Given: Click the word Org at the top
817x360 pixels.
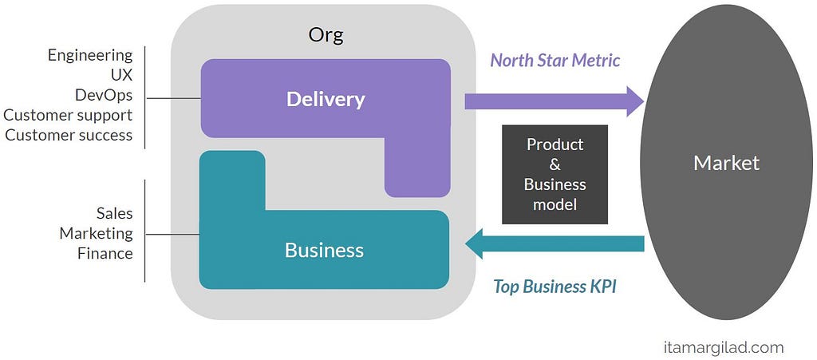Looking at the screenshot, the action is click(326, 37).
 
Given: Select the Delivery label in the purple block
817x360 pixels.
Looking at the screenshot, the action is click(326, 100).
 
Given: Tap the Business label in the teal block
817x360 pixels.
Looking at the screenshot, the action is click(324, 251).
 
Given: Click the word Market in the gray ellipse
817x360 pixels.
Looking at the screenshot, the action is click(726, 163).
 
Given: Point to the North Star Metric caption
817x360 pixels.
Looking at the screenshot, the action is click(555, 61).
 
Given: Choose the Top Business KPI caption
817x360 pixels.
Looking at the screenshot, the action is click(555, 286).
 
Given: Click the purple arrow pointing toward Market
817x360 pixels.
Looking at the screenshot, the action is click(555, 101).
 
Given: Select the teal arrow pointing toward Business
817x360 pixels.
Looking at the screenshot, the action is click(555, 243).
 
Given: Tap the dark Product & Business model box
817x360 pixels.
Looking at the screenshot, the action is click(555, 175).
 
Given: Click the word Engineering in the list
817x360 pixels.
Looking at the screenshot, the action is click(90, 56).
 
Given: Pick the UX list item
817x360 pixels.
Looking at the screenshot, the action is click(121, 76).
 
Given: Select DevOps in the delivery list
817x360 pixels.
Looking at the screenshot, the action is click(104, 95).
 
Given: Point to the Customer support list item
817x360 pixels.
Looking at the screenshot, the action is click(69, 115).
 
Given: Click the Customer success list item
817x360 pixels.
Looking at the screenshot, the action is click(69, 135).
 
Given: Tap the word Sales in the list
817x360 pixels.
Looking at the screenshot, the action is click(115, 213).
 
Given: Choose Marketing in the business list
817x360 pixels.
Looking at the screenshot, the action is click(97, 233).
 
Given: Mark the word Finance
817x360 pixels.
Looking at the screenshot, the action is click(105, 253).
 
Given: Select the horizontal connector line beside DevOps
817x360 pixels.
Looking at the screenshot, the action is click(173, 98).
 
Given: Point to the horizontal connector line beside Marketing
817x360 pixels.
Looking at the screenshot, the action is click(172, 235).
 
